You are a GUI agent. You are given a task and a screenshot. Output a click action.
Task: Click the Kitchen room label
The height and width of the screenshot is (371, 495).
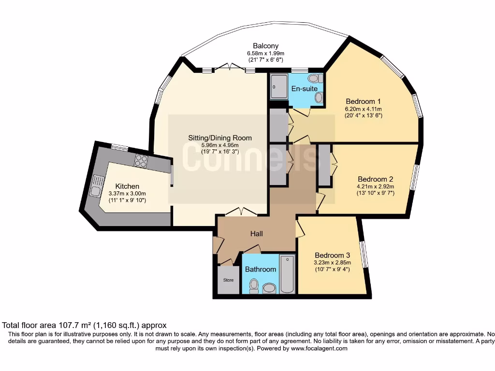click(127, 186)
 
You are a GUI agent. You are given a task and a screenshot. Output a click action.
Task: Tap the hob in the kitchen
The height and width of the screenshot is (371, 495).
click(141, 160)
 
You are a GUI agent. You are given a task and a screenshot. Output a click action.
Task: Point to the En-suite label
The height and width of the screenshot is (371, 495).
click(304, 89)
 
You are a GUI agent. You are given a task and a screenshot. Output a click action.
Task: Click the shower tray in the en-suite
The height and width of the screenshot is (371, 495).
click(278, 87)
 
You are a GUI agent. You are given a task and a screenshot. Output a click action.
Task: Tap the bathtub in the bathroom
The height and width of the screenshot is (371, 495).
click(287, 274)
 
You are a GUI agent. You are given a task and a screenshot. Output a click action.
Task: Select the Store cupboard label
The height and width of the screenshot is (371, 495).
click(228, 280)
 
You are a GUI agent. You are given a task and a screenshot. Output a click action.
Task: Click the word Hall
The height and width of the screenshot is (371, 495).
click(256, 233)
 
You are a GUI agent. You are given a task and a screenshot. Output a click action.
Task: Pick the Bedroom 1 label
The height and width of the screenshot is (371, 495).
click(364, 101)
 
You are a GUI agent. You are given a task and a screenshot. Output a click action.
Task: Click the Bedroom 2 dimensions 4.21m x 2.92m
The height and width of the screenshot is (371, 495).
click(376, 186)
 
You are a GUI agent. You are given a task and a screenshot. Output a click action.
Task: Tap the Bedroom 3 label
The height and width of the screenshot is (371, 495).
click(332, 255)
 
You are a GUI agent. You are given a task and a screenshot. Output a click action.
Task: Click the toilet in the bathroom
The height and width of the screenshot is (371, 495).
click(253, 287)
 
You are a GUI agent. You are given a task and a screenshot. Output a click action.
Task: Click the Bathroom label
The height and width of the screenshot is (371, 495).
click(261, 269)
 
